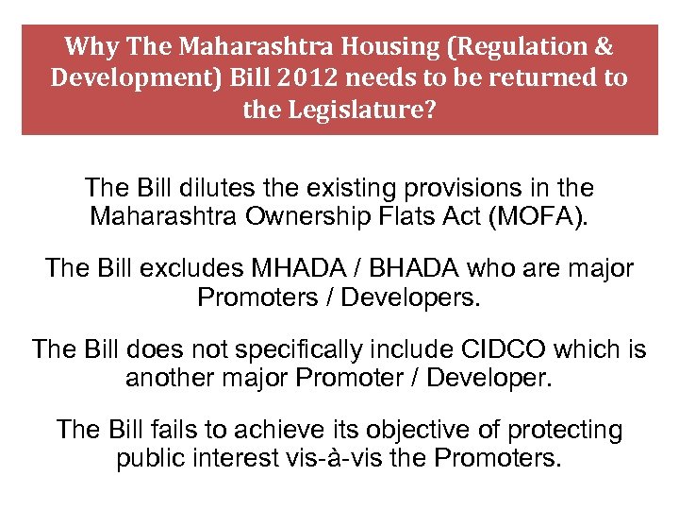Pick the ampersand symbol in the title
point(603,46)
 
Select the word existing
point(348,188)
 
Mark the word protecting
point(566,431)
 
